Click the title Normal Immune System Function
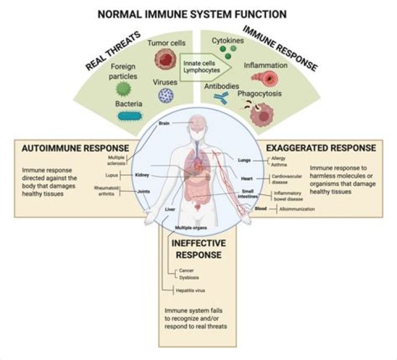tap(192, 13)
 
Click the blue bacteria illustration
tap(130, 116)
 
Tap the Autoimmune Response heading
tap(74, 148)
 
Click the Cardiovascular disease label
tap(283, 179)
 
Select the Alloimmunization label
tap(296, 209)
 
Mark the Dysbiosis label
tap(189, 277)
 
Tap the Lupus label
tap(112, 175)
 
